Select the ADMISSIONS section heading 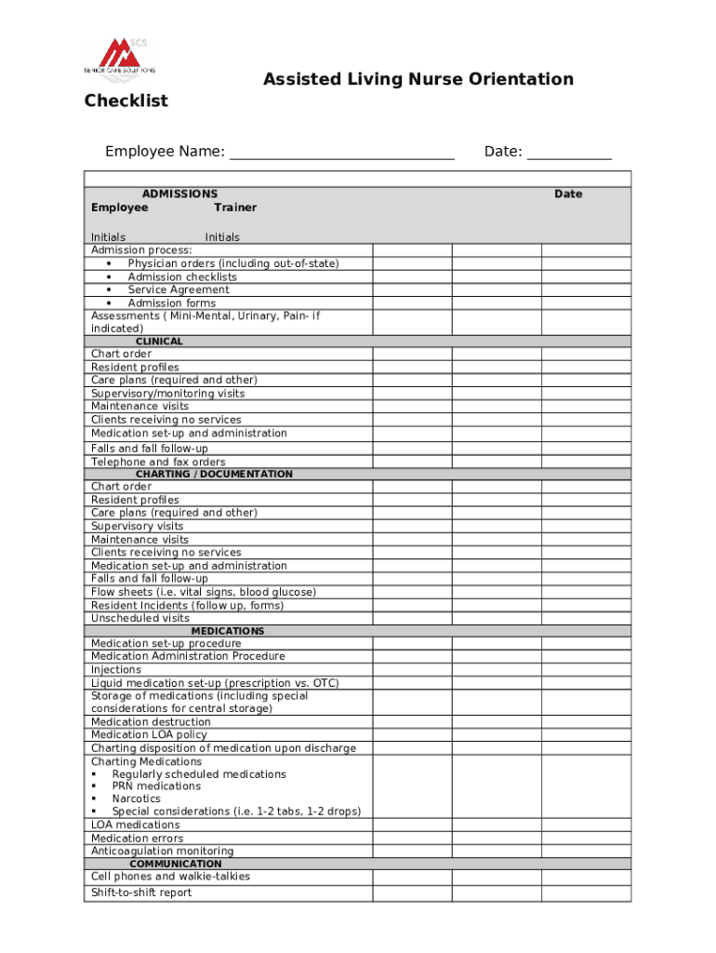coord(179,194)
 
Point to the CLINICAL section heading coord(159,342)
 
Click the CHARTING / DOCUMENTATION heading coord(214,474)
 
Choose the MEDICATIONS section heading coord(228,631)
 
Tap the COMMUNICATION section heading coord(176,864)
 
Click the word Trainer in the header coord(235,208)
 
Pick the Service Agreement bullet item coord(178,289)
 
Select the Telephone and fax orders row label coord(158,462)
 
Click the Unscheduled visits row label coord(140,618)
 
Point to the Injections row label coord(116,670)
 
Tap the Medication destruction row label coord(151,722)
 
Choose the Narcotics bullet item coord(136,799)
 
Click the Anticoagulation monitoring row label coord(163,851)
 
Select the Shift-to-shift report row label coord(141,893)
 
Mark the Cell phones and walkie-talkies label coord(170,877)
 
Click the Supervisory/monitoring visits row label coord(168,394)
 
